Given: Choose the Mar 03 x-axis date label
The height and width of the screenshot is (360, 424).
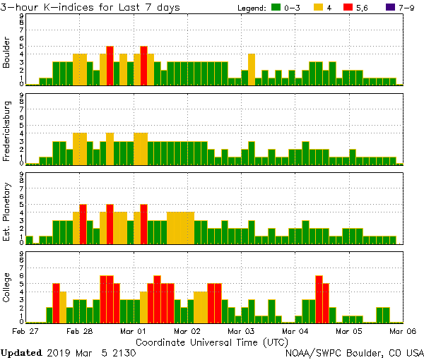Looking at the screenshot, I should pyautogui.click(x=240, y=330).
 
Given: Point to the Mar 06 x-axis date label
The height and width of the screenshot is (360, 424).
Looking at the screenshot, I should pyautogui.click(x=401, y=330).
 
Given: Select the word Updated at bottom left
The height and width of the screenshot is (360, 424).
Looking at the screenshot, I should pyautogui.click(x=26, y=352).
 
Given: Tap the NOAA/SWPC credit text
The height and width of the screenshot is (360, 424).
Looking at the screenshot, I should pyautogui.click(x=353, y=352).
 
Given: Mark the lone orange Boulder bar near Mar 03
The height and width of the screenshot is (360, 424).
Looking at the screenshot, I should pyautogui.click(x=252, y=69).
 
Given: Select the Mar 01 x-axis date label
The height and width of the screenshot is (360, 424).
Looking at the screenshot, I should pyautogui.click(x=134, y=330).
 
